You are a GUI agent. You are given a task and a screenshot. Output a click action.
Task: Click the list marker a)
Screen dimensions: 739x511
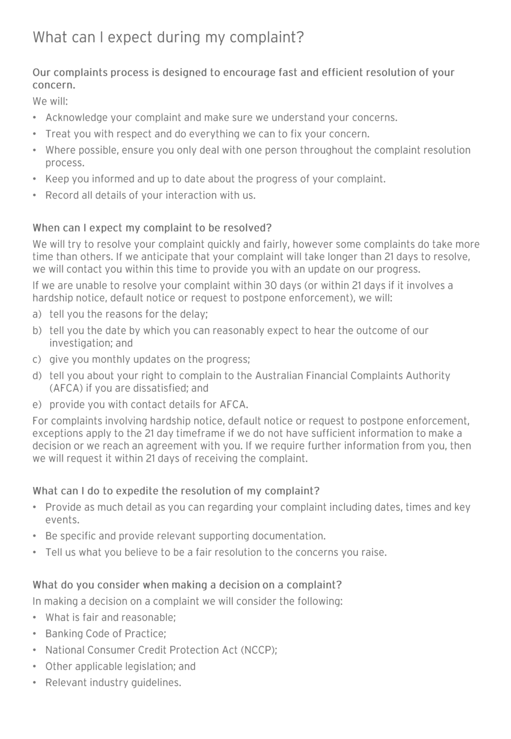point(37,315)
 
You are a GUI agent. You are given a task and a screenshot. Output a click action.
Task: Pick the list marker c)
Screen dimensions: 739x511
point(37,360)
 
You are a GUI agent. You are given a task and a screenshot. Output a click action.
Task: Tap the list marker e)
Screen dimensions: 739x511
point(37,405)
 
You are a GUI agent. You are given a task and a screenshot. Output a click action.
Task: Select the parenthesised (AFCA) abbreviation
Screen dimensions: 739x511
point(66,388)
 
